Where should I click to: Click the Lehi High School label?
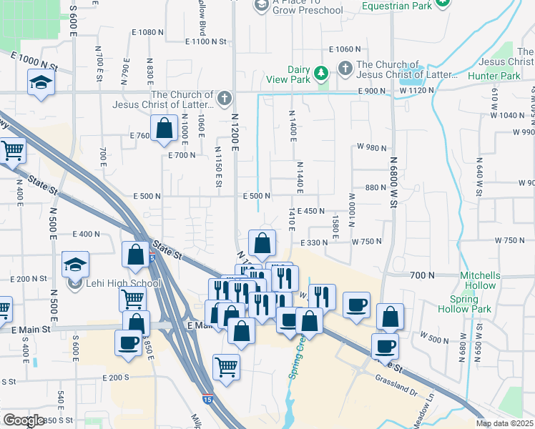click(x=121, y=284)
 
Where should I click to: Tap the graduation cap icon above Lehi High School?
click(x=75, y=264)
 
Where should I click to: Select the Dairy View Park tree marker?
click(x=322, y=73)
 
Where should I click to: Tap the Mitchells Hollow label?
click(x=480, y=280)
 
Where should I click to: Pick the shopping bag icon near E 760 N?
click(x=165, y=128)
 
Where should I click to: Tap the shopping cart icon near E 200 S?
click(x=226, y=367)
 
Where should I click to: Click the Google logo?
click(x=24, y=420)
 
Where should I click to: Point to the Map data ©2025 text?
click(x=505, y=423)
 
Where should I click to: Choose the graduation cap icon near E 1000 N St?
click(x=41, y=83)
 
